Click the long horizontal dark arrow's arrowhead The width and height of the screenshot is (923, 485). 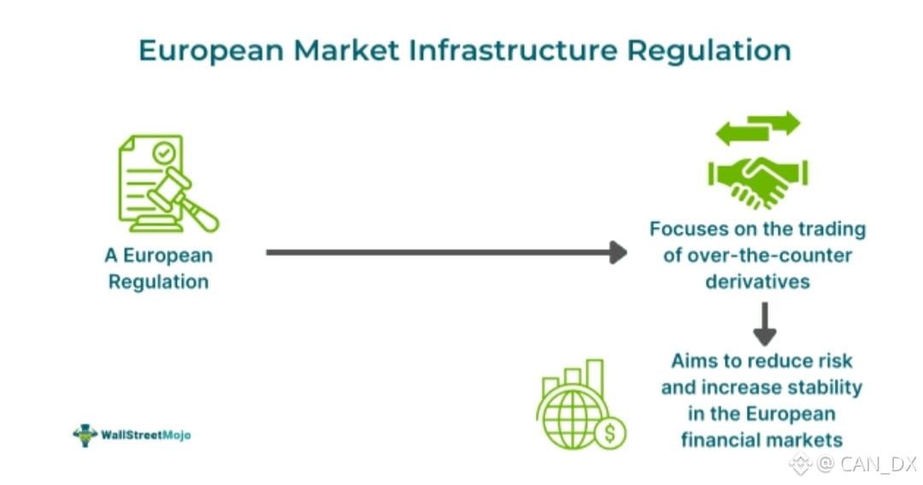click(617, 252)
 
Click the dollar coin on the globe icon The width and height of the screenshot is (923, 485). click(610, 434)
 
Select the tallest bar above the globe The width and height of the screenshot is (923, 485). click(595, 377)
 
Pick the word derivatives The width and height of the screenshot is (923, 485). click(758, 281)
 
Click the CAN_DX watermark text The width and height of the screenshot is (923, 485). click(877, 465)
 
